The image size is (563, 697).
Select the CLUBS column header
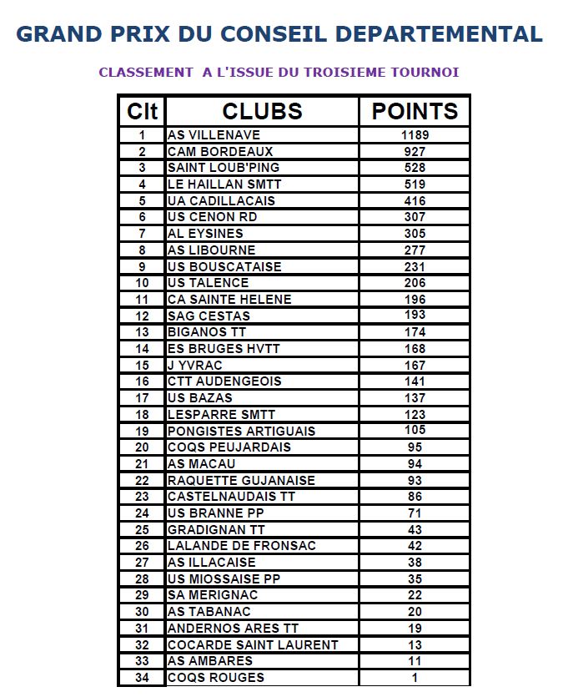click(262, 112)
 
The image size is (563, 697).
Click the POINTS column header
click(415, 112)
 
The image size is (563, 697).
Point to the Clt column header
click(142, 112)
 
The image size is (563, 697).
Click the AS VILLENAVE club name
click(214, 135)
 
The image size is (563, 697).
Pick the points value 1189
click(415, 135)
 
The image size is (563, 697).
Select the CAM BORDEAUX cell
click(220, 152)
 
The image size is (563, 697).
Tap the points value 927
click(415, 152)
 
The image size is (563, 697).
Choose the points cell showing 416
click(415, 201)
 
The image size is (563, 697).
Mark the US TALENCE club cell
click(208, 283)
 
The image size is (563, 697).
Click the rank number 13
click(142, 332)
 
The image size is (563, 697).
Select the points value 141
click(415, 381)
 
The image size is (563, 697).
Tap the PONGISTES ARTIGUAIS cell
click(241, 431)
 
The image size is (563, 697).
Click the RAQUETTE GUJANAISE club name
click(241, 480)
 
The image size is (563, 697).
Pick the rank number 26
click(142, 546)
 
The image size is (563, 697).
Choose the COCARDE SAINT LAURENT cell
click(253, 644)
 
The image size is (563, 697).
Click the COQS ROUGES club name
click(216, 678)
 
